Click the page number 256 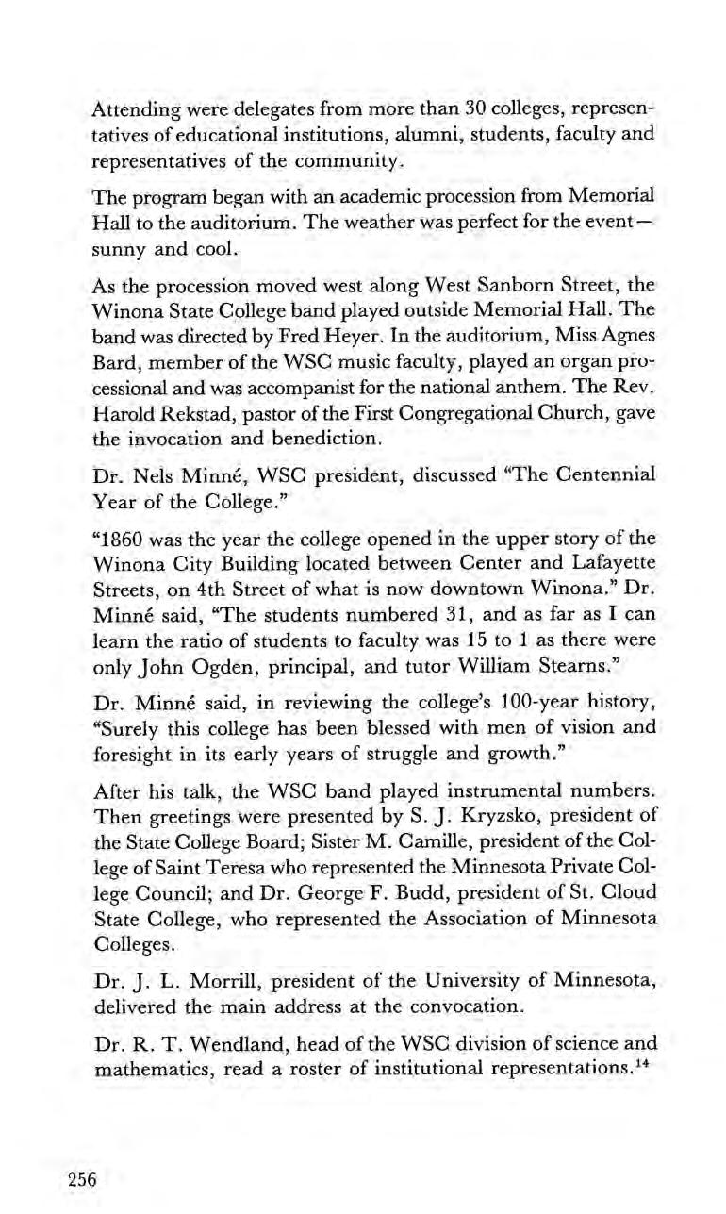82,1178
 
